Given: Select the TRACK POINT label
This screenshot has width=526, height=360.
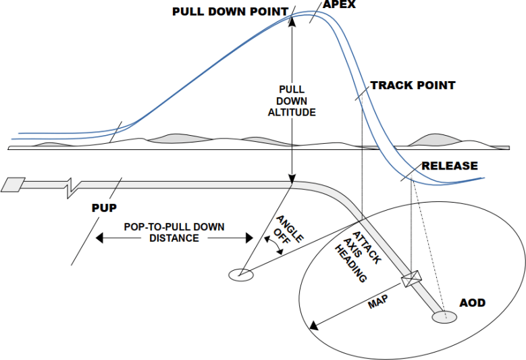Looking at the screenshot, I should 413,86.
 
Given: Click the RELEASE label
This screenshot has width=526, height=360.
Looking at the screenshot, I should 450,165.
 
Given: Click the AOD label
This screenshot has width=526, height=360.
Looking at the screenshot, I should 472,303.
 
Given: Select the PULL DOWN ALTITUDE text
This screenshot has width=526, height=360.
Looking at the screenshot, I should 292,101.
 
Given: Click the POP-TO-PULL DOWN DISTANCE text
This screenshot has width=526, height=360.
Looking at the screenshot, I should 174,232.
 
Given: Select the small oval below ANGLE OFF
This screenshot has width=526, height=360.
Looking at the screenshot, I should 241,274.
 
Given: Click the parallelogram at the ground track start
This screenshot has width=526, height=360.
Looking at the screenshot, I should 14,184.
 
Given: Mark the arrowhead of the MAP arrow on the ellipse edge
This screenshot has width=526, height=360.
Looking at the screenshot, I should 311,327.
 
